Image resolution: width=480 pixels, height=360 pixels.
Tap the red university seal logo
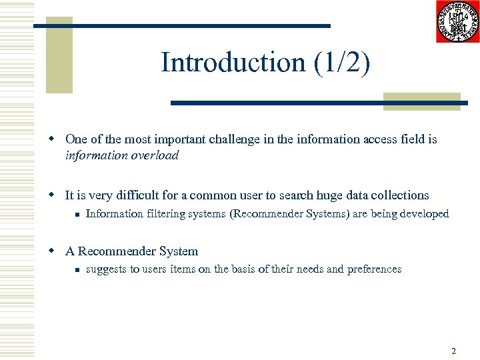click(x=458, y=21)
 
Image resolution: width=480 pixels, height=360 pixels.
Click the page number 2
click(x=453, y=351)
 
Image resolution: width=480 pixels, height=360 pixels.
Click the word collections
click(x=397, y=195)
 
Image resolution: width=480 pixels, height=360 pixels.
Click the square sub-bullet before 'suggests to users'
click(x=77, y=270)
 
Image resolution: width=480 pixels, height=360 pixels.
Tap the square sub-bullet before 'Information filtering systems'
click(x=77, y=215)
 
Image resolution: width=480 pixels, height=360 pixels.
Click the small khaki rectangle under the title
click(x=422, y=101)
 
